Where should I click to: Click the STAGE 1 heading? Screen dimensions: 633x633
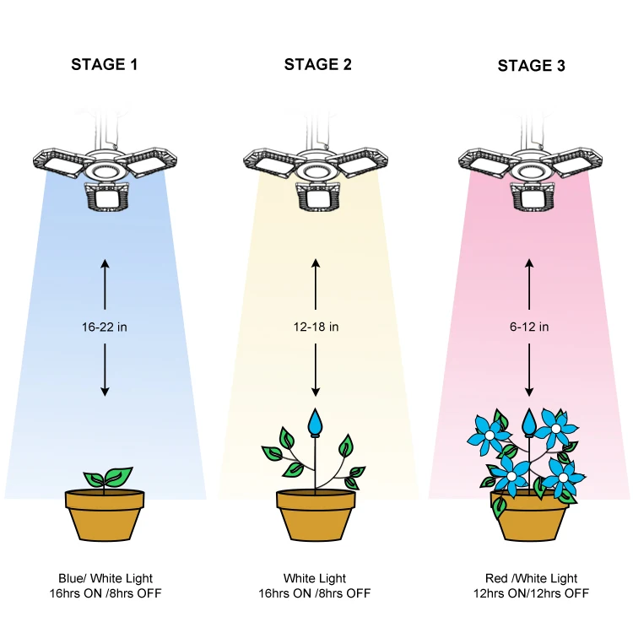click(x=105, y=64)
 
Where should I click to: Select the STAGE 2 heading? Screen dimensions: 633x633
click(x=317, y=64)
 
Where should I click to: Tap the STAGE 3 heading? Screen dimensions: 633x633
click(x=531, y=65)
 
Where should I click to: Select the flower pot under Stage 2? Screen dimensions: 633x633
click(x=316, y=515)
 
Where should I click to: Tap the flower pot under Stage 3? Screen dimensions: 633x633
click(x=529, y=517)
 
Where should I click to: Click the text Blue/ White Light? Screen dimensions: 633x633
click(x=105, y=578)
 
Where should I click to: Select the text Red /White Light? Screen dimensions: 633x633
click(x=530, y=578)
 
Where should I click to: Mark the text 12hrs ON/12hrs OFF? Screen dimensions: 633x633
click(x=530, y=593)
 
